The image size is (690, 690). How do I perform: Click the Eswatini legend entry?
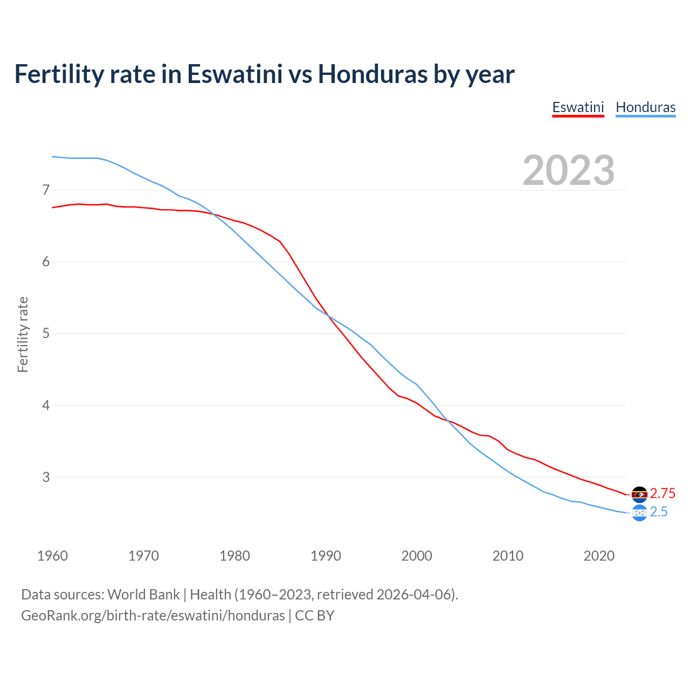click(578, 107)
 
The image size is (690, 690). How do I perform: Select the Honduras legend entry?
click(645, 107)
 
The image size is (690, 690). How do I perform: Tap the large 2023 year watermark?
click(568, 170)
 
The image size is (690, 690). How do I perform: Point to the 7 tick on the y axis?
click(46, 190)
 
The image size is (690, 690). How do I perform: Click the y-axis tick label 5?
click(46, 334)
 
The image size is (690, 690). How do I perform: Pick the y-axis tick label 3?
click(46, 477)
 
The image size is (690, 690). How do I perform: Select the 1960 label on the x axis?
click(52, 556)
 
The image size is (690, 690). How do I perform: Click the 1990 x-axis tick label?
click(326, 556)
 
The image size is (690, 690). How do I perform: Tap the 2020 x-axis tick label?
click(599, 556)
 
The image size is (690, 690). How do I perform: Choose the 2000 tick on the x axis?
click(417, 556)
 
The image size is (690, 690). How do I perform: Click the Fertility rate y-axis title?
click(23, 334)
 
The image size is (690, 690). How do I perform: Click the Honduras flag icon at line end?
click(639, 513)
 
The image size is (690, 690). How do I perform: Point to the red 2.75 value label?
click(663, 494)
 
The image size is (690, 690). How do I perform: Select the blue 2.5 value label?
click(659, 512)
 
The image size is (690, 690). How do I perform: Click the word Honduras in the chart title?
click(372, 74)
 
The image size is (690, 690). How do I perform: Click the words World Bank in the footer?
click(143, 595)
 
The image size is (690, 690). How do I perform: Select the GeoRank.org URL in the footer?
click(153, 616)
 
